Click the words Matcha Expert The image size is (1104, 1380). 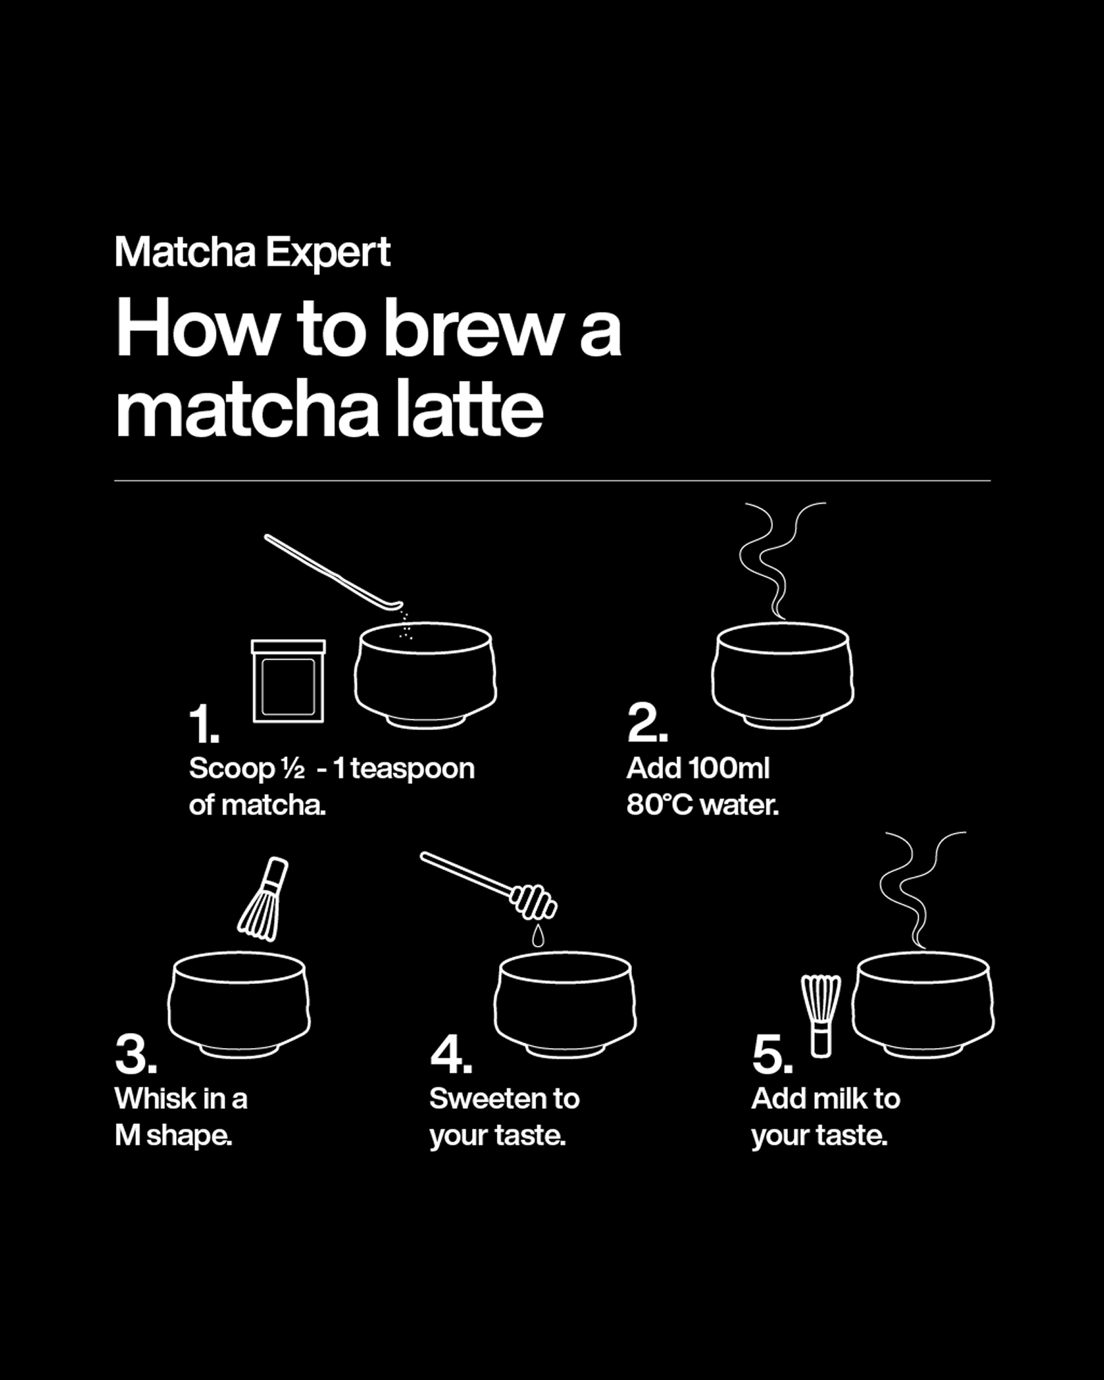click(x=253, y=252)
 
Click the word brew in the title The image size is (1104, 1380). click(x=473, y=330)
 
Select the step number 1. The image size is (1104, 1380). click(x=204, y=724)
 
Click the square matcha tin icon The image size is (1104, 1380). click(x=288, y=682)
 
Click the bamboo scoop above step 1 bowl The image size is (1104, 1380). click(x=331, y=573)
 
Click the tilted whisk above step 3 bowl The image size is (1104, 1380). click(x=264, y=899)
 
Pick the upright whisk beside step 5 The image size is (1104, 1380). click(x=821, y=1015)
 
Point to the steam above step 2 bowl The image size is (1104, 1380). click(x=780, y=559)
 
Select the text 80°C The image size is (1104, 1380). click(x=659, y=805)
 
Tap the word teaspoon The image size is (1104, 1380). click(x=413, y=769)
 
